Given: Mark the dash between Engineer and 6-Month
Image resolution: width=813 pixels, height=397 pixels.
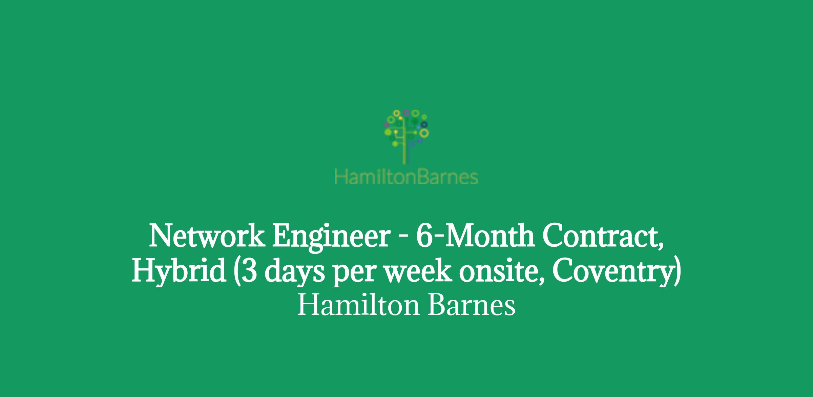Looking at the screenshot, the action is [403, 238].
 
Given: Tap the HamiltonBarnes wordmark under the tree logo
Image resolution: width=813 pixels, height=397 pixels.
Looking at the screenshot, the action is [406, 177].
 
